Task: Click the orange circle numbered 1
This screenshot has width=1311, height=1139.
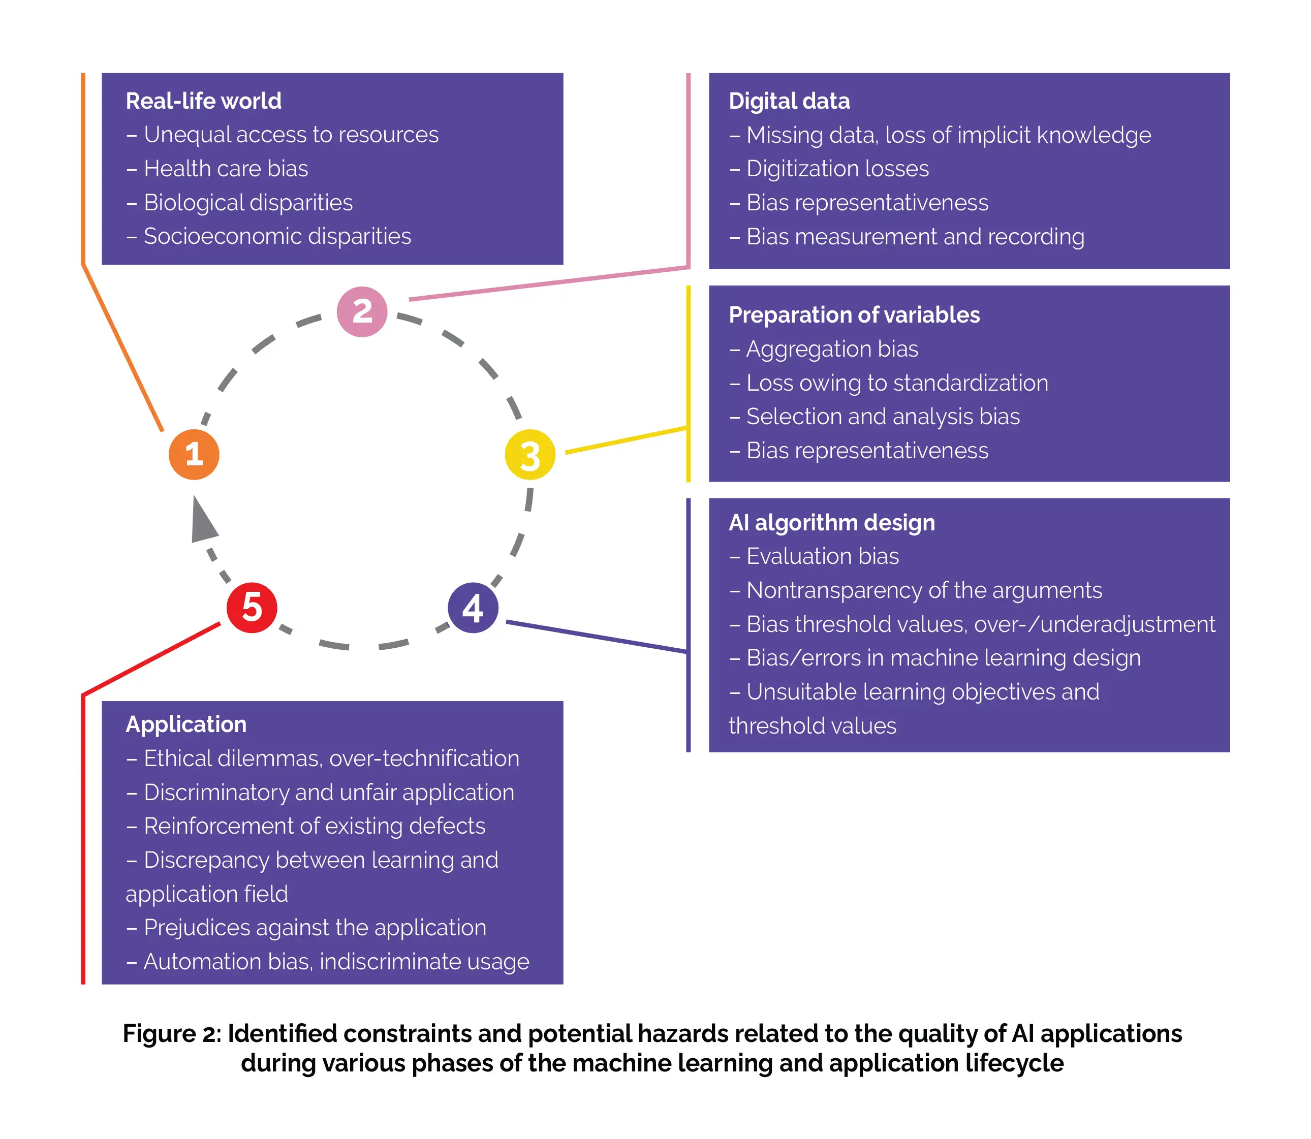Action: coord(194,455)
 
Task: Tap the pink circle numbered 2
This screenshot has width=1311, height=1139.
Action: coord(362,311)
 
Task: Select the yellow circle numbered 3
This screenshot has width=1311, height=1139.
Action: coord(529,455)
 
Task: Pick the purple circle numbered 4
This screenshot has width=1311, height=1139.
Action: coord(473,608)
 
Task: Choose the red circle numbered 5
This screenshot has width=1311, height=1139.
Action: coord(252,608)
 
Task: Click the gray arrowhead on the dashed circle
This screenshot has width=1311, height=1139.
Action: coord(203,521)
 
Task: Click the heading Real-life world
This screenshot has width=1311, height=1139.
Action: coord(203,101)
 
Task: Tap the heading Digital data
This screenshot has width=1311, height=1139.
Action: coord(789,101)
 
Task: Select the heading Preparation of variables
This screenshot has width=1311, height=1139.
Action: coord(854,314)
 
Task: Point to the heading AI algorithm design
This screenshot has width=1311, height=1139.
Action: coord(832,522)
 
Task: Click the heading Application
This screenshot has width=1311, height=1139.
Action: coord(185,724)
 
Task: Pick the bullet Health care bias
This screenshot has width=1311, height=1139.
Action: coord(225,169)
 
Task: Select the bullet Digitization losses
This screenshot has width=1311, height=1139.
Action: coord(837,169)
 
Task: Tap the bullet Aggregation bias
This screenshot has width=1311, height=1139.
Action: coord(832,349)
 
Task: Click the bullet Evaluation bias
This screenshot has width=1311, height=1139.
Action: coord(822,556)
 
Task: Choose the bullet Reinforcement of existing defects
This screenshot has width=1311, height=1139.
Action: coord(314,826)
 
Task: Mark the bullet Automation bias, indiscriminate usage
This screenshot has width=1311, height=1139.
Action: coord(336,961)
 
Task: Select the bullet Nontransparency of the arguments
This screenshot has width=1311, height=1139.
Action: coord(923,590)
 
